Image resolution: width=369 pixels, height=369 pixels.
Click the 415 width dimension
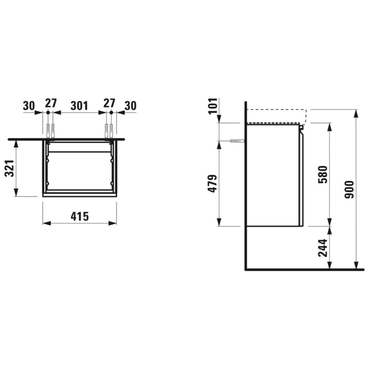pos(79,216)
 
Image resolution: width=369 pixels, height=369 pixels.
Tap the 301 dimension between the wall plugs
pos(79,105)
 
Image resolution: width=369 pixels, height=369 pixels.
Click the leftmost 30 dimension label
pos(30,105)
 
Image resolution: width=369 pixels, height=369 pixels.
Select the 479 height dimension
pos(213,183)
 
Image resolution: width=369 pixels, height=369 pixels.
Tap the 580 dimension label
pos(323,174)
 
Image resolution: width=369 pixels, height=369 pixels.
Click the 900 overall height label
pos(348,189)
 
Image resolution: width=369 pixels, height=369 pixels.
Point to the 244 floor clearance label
pos(323,247)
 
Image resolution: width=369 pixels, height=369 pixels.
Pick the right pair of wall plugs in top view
pos(109,130)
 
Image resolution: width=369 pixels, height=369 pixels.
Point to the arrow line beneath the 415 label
pos(79,224)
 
